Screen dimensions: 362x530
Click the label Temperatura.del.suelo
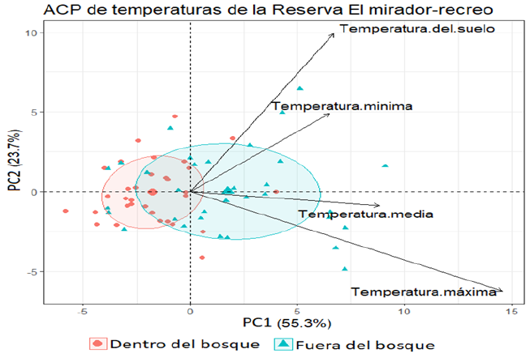pos(417,30)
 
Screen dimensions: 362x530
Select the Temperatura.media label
pos(365,215)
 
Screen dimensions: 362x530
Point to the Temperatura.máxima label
pos(423,292)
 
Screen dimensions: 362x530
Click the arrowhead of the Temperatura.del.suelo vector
pos(334,33)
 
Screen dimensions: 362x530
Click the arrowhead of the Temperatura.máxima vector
pos(502,291)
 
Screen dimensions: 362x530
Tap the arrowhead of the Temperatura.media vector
pos(379,206)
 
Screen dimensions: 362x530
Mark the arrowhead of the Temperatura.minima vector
pos(330,113)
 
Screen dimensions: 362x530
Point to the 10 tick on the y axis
pos(33,33)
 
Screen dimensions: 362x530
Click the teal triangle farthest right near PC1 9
pos(385,166)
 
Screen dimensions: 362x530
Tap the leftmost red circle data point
pos(66,211)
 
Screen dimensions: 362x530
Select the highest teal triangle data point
pos(299,88)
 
